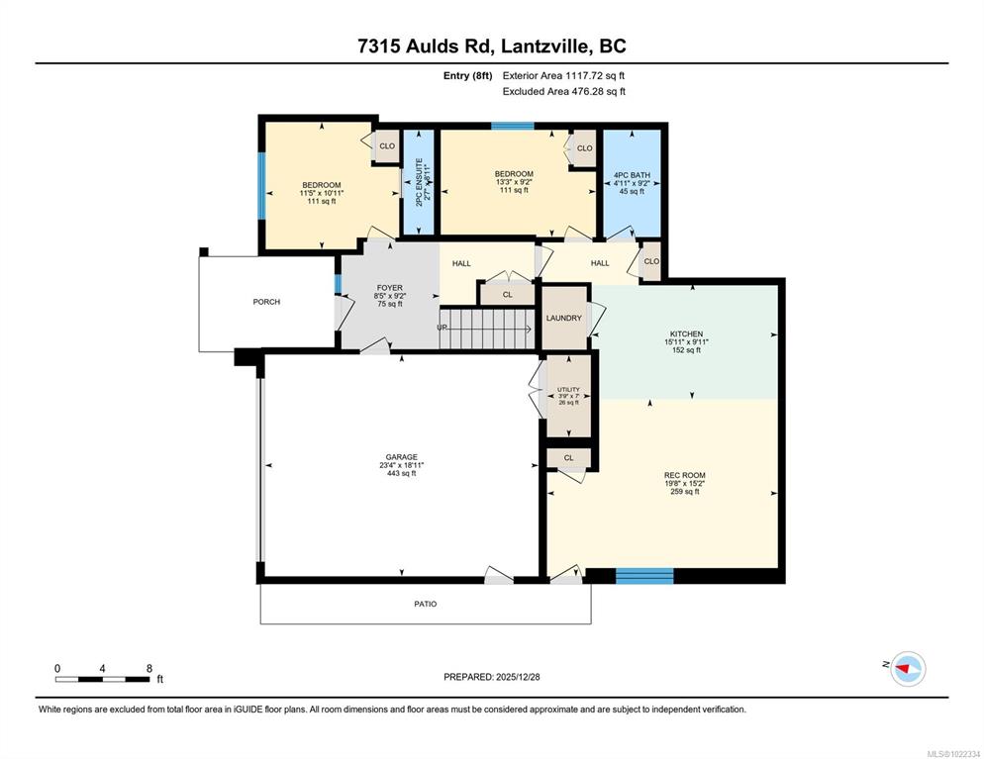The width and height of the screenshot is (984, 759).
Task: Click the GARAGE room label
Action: coord(402,456)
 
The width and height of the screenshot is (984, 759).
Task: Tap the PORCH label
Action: coord(266,302)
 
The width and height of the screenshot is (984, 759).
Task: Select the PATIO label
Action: coord(426,604)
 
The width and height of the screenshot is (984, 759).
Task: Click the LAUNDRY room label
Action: coord(563,318)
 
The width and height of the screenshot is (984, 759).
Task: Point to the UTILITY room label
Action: coord(568,390)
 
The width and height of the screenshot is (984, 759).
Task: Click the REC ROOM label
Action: coord(685,475)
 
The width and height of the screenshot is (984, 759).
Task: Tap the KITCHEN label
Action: coord(687,333)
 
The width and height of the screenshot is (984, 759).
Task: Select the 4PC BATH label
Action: coord(632,175)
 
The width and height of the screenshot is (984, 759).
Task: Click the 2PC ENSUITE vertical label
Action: coord(419,182)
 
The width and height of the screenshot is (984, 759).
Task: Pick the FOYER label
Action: coord(390,288)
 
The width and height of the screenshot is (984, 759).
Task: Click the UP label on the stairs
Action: coord(443,328)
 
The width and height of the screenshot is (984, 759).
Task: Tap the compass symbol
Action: coord(908,669)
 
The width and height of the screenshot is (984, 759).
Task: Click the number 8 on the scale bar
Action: coord(149,669)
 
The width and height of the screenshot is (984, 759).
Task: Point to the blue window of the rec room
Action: coord(644,576)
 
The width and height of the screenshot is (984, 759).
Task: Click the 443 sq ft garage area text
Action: coord(402,474)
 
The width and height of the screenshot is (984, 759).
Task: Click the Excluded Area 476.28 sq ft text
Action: coord(564,92)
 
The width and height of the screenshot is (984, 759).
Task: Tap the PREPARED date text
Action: coord(492,677)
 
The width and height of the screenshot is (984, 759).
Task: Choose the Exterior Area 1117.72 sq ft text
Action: coord(563,76)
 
